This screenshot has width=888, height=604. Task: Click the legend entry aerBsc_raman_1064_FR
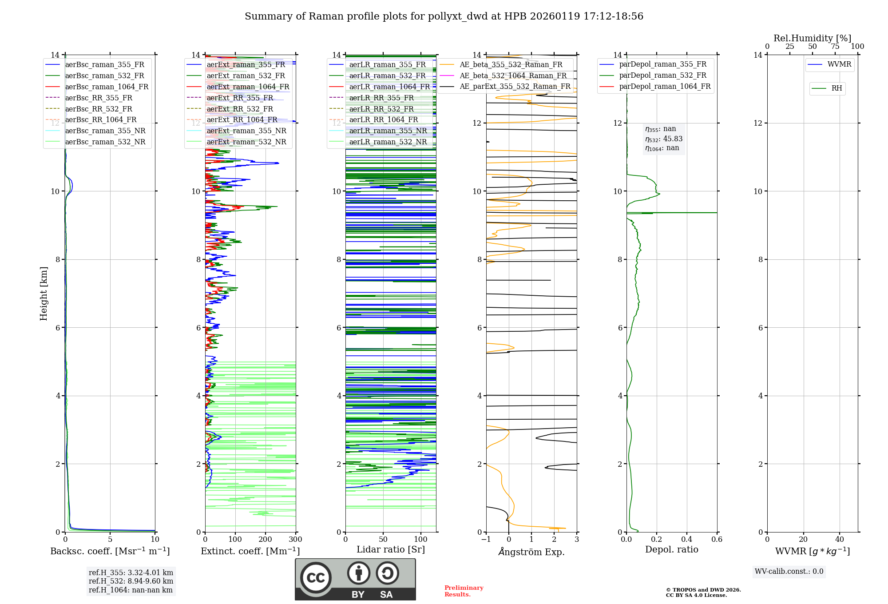107,87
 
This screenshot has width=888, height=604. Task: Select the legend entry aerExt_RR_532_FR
240,109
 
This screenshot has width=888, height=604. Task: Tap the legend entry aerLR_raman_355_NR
388,131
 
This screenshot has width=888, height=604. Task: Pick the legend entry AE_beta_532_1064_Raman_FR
513,75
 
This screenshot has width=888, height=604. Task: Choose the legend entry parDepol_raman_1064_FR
665,86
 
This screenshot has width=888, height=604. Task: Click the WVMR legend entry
839,64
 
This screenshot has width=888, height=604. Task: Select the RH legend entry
836,88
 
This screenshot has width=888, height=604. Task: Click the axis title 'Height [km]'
44,294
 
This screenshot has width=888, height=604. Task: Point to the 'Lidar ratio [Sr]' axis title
391,549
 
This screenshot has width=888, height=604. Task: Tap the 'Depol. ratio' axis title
671,549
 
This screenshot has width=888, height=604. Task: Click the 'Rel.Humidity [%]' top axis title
812,38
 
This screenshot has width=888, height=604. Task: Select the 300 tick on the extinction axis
295,540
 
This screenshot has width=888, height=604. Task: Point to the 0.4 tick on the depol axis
686,540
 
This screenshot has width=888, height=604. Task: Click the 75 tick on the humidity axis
835,47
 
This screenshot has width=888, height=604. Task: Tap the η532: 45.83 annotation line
664,139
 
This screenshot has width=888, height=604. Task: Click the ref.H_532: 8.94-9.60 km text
131,581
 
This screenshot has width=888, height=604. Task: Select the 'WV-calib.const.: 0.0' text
789,572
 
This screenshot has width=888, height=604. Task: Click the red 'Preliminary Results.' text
464,591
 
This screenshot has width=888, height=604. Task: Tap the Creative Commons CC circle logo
316,577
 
